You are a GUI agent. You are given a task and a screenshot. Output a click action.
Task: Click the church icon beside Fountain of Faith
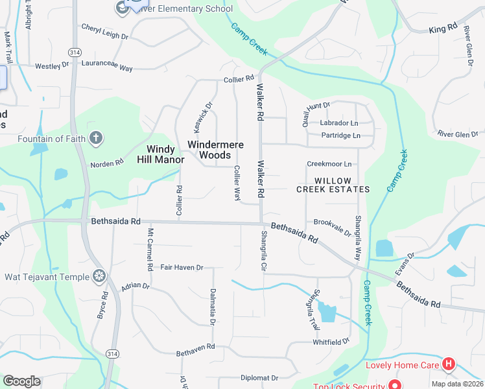(x=96, y=137)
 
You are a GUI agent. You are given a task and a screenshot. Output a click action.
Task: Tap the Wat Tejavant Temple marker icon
(x=99, y=277)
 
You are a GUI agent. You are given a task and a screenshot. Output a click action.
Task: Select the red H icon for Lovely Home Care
(x=449, y=365)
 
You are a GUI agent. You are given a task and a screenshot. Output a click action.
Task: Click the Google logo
(x=21, y=381)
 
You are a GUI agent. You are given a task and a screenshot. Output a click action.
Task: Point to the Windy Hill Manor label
(x=160, y=154)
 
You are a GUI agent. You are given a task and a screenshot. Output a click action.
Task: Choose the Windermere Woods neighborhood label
(x=215, y=150)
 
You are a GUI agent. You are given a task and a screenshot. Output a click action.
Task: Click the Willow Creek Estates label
(x=333, y=185)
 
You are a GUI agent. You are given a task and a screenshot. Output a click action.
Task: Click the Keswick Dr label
(x=199, y=114)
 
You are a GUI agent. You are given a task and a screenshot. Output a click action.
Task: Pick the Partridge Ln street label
(x=340, y=136)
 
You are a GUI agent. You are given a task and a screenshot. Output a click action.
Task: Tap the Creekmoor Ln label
(x=329, y=164)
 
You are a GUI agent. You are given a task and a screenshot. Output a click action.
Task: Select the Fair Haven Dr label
(x=182, y=267)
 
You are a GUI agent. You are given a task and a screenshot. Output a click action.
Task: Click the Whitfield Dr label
(x=331, y=341)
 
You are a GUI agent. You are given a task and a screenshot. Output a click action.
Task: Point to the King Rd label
(x=443, y=30)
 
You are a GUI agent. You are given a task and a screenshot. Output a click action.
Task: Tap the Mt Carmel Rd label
(x=150, y=249)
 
